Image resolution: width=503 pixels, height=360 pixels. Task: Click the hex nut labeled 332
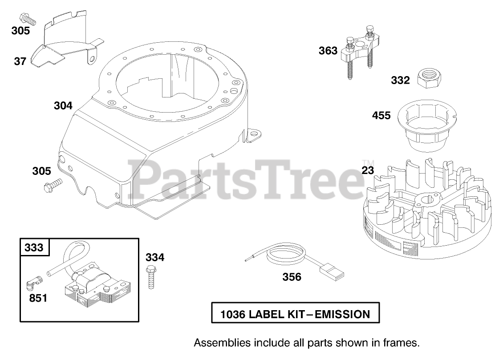429,79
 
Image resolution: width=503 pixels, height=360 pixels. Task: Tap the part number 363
328,51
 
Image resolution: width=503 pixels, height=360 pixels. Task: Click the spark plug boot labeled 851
34,281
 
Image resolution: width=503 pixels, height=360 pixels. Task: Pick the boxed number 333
34,247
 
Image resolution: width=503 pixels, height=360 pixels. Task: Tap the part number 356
292,277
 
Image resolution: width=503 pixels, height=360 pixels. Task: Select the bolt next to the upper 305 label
26,18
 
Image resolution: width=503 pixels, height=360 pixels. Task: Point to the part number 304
63,106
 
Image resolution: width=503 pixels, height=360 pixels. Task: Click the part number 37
20,61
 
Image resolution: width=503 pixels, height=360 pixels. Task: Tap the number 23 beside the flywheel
368,170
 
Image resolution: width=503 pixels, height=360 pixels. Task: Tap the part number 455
381,116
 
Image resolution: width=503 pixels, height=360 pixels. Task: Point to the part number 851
38,298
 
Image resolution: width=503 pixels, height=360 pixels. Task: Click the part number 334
155,257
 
